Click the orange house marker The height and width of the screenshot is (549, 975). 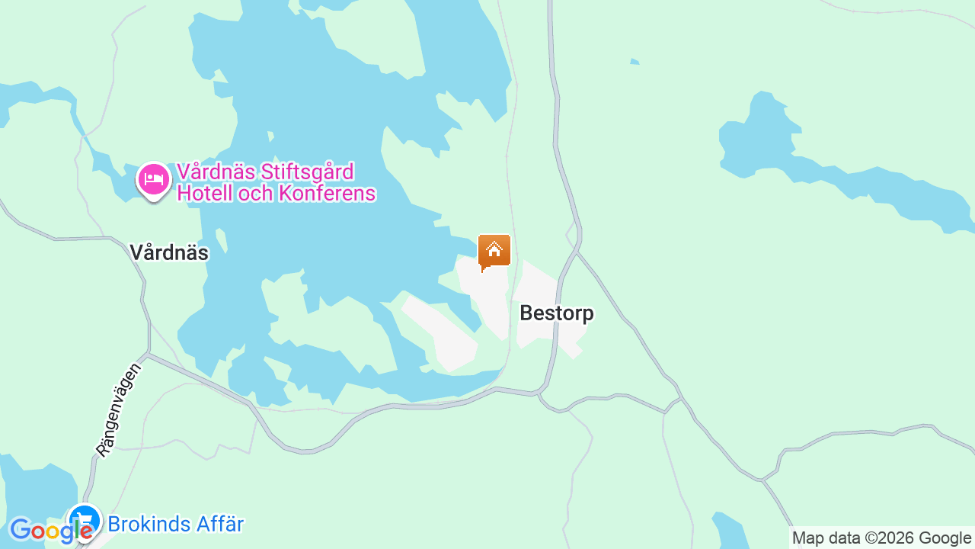(x=494, y=251)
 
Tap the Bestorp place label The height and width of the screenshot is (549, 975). (x=557, y=313)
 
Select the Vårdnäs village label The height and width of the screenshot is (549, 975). (x=169, y=252)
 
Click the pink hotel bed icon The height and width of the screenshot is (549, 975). (x=154, y=180)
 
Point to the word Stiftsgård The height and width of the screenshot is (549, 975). (x=308, y=172)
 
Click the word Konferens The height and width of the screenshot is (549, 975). (x=328, y=194)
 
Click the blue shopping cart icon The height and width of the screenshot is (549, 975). (x=84, y=522)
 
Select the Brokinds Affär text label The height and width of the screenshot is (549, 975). (x=176, y=525)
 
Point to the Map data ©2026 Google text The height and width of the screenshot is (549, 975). (x=881, y=538)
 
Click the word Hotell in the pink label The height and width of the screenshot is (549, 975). (x=204, y=194)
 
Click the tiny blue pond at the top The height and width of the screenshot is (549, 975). (x=635, y=62)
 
